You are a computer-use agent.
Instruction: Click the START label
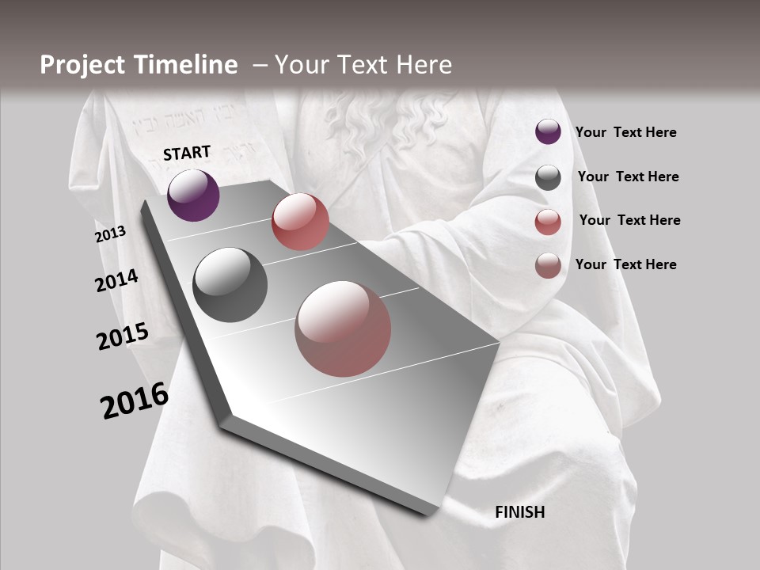click(187, 153)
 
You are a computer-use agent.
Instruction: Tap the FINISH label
click(520, 512)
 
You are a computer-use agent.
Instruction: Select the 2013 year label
click(111, 234)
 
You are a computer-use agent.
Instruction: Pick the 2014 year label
click(116, 281)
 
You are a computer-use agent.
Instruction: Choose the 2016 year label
click(135, 401)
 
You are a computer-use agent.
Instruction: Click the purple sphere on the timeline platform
click(193, 196)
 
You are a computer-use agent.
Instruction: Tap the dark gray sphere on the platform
click(230, 285)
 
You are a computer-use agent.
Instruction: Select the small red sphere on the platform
click(300, 222)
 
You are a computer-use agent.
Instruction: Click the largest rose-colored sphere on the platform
click(343, 329)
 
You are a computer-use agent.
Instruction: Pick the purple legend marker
click(548, 132)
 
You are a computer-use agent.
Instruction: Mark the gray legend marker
click(548, 177)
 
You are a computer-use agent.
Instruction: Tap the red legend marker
click(548, 222)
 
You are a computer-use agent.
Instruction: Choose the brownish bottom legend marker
click(548, 265)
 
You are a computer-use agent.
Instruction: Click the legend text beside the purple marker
click(625, 133)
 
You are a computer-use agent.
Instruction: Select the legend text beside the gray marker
click(628, 177)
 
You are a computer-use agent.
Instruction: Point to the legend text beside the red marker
click(629, 220)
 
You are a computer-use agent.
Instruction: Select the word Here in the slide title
click(424, 65)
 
